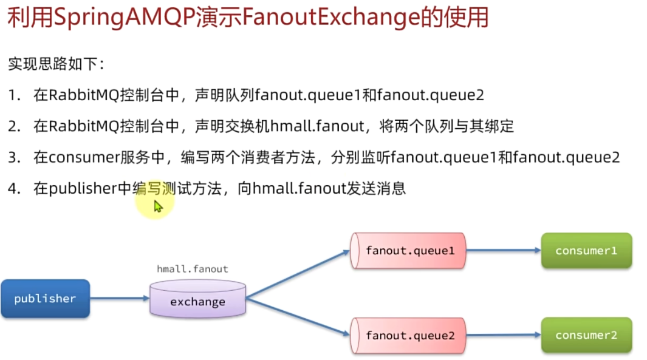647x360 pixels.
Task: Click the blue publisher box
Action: [x=45, y=299]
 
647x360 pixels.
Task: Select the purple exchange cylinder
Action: [x=197, y=301]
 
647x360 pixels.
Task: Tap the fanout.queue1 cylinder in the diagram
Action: [x=408, y=250]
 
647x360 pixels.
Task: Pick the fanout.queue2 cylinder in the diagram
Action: [x=408, y=335]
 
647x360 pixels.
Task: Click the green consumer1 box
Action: [x=586, y=250]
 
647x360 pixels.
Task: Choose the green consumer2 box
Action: [x=586, y=335]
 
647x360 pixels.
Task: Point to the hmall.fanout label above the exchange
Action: [x=193, y=268]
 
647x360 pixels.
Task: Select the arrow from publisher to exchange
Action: [x=120, y=298]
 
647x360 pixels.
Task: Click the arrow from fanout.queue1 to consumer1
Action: [x=503, y=250]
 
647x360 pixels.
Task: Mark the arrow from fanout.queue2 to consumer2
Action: [x=503, y=335]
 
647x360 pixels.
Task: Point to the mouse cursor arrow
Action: [x=157, y=206]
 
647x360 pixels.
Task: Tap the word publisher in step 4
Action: [x=82, y=189]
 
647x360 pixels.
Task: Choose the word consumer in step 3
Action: [x=82, y=157]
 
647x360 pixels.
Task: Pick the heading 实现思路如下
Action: [x=55, y=63]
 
